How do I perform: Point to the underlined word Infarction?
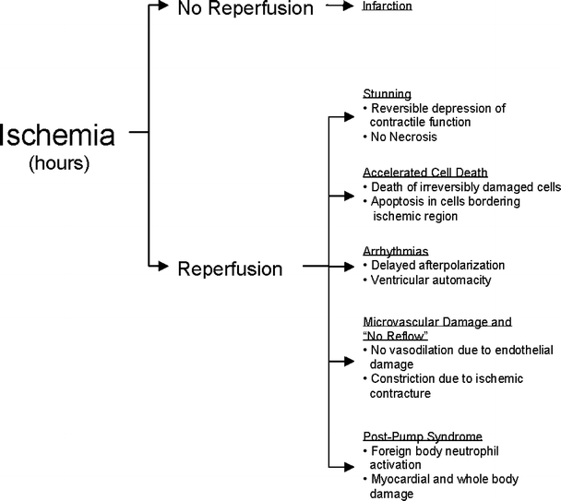[387, 7]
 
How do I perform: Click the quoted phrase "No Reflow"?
[390, 336]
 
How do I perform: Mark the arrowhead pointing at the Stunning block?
[347, 115]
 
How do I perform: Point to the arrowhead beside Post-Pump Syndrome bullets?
[347, 464]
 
